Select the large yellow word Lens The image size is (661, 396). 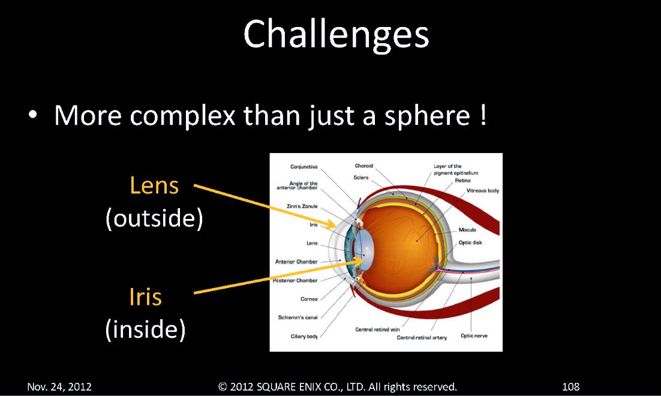coord(154,185)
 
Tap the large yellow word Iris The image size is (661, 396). coord(145,296)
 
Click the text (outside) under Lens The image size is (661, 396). coord(154,218)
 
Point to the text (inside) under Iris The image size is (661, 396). coord(145,329)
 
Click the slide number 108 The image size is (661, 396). coord(571,387)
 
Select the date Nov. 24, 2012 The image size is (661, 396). coord(59,387)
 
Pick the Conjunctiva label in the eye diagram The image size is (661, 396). coord(304,167)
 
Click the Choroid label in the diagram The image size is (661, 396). coord(364,166)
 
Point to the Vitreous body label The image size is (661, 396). coord(482,191)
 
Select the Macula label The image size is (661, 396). coord(467,230)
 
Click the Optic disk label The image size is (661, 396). coord(470,242)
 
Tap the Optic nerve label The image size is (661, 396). coord(474,335)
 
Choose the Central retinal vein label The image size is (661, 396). coord(377,329)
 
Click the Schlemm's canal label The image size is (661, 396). coord(298,317)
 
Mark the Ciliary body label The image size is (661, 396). coord(304,336)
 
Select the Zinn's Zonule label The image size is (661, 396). coord(302,206)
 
